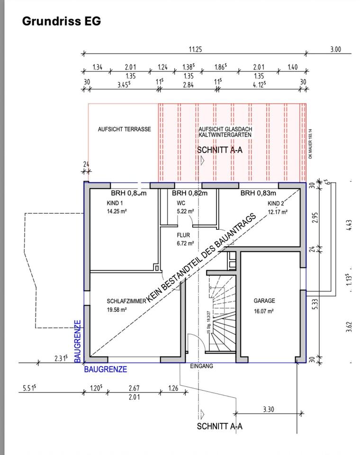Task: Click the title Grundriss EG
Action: pyautogui.click(x=62, y=21)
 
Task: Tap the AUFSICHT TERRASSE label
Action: pyautogui.click(x=125, y=129)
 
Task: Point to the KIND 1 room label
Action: pyautogui.click(x=115, y=203)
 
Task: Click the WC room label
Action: pyautogui.click(x=181, y=203)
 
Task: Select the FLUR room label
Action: pyautogui.click(x=184, y=235)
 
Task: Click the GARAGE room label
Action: pyautogui.click(x=264, y=301)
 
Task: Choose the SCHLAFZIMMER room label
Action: pyautogui.click(x=126, y=301)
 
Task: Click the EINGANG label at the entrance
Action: pyautogui.click(x=201, y=366)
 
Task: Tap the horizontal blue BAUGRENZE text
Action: pyautogui.click(x=106, y=369)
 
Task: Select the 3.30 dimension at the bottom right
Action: pyautogui.click(x=268, y=409)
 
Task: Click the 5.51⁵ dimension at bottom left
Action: pyautogui.click(x=29, y=389)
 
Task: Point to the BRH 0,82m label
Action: pyautogui.click(x=189, y=193)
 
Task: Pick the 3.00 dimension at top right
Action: pyautogui.click(x=335, y=49)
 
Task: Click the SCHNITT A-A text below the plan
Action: pyautogui.click(x=219, y=426)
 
